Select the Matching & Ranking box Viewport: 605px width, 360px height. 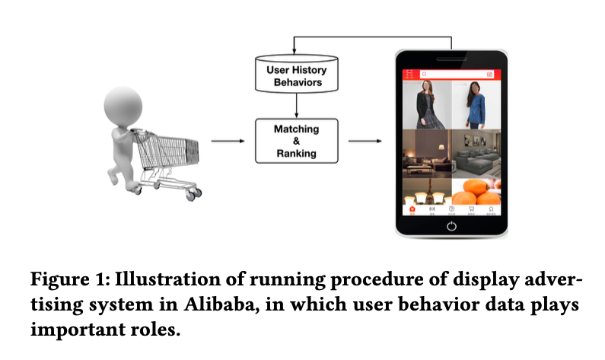[x=296, y=141]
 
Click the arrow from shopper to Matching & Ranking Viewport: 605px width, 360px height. [x=228, y=141]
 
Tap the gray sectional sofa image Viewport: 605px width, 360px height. [x=476, y=152]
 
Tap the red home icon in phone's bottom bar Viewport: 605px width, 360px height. [x=412, y=209]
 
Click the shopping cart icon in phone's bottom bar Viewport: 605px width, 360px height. [x=471, y=209]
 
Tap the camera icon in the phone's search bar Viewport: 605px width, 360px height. [x=489, y=75]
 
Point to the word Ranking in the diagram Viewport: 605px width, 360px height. [x=296, y=154]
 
